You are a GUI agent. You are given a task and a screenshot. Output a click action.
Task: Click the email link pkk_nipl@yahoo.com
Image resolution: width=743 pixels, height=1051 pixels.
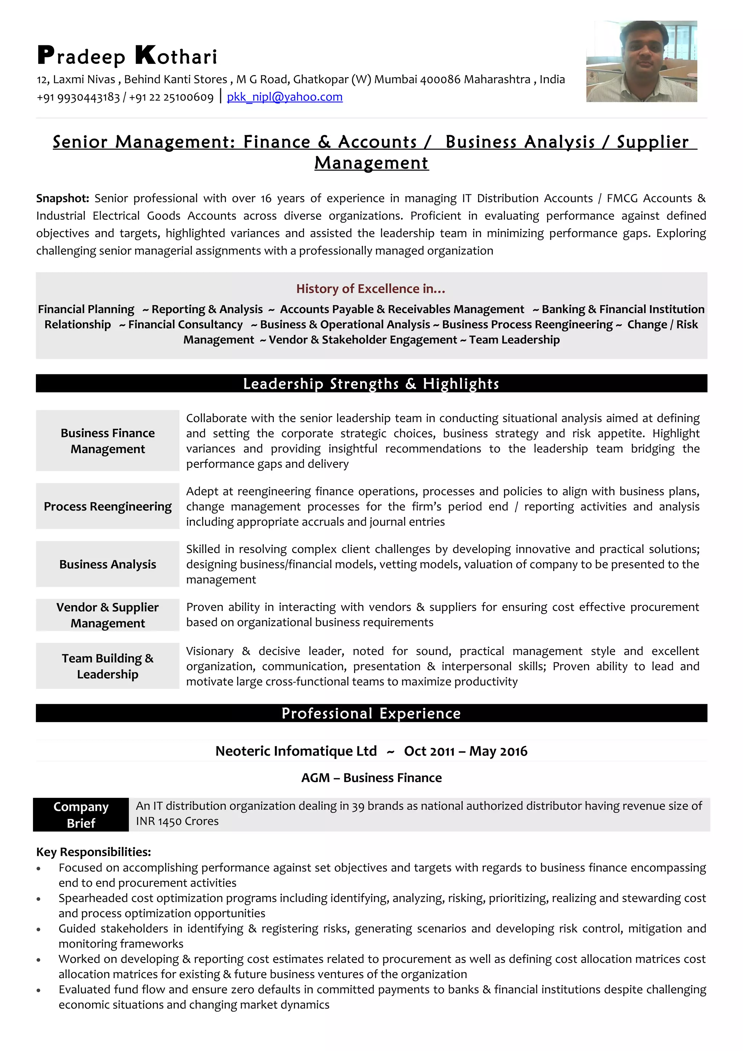click(284, 97)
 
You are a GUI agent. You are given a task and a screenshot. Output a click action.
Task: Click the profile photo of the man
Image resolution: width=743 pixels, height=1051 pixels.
click(641, 61)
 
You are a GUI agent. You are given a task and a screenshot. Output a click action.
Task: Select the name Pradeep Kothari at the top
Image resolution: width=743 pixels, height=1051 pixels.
click(127, 56)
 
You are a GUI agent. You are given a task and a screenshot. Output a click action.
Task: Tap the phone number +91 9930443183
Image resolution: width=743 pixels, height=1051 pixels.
click(78, 98)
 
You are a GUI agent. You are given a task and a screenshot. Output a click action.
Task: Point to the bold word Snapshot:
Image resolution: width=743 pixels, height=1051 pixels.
click(63, 198)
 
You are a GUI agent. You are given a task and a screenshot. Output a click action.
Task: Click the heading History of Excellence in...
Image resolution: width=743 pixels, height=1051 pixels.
click(370, 289)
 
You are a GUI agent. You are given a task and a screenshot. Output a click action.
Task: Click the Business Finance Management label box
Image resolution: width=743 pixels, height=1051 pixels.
click(108, 441)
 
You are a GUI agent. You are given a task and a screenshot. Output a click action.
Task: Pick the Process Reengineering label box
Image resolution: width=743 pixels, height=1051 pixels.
click(108, 506)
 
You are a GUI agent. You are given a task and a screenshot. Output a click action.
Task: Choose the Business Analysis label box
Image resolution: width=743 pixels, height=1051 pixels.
click(108, 564)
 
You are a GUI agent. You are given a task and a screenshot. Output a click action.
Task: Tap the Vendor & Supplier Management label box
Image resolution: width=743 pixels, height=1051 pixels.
click(108, 615)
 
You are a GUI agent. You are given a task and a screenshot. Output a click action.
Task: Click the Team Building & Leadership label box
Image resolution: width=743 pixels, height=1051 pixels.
click(108, 666)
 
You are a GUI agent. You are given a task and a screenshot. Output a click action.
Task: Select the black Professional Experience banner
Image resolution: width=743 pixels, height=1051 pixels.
click(371, 713)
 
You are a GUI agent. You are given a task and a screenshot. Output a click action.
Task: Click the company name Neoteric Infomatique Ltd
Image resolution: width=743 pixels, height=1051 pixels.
click(296, 751)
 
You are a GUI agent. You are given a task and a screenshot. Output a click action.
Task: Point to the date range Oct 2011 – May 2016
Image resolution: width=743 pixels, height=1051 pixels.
click(465, 751)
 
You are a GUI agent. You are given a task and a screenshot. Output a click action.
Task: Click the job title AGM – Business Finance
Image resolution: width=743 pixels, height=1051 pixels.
click(371, 778)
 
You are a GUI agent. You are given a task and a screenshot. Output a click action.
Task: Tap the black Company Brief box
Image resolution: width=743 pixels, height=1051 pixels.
click(81, 815)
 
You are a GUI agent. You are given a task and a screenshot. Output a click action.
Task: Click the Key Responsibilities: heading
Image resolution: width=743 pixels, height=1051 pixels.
click(93, 852)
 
